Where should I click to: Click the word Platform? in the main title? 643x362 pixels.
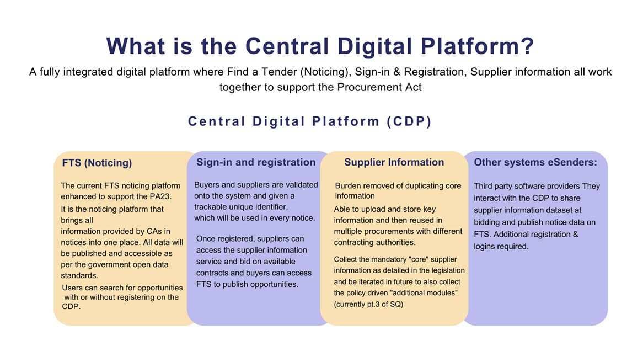click(x=478, y=46)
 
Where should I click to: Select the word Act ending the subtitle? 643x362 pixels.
click(x=414, y=87)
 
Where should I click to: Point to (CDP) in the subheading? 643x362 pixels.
click(x=409, y=121)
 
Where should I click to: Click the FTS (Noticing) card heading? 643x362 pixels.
click(x=97, y=163)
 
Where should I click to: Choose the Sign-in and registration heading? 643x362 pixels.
click(x=256, y=162)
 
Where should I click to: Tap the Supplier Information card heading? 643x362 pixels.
click(x=394, y=162)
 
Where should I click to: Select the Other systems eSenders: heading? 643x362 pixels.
click(x=535, y=162)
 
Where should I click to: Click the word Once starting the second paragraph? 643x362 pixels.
click(x=206, y=239)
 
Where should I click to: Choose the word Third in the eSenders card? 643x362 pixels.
click(x=483, y=187)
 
